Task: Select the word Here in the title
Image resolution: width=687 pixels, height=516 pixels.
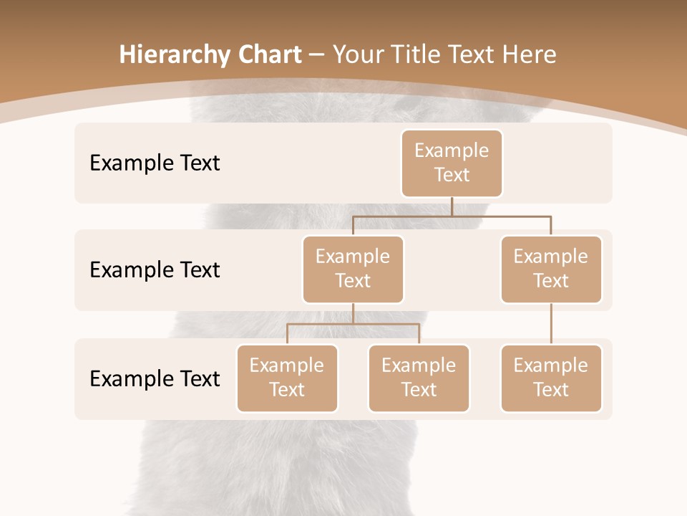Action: (x=530, y=54)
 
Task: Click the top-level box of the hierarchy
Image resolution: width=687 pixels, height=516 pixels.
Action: (x=452, y=163)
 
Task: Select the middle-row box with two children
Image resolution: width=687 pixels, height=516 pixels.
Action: (x=353, y=269)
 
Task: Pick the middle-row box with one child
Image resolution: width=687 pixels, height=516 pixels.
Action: (x=550, y=269)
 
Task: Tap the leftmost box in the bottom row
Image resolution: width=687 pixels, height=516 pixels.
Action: (x=287, y=378)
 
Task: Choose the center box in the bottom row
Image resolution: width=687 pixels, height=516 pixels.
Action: (x=419, y=378)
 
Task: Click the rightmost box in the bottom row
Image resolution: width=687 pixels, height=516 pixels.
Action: (x=550, y=378)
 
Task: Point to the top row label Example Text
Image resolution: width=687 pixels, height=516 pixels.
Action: (x=155, y=163)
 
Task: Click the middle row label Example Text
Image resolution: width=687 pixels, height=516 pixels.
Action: (x=155, y=269)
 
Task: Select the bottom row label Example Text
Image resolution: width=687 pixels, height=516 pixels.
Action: (x=155, y=378)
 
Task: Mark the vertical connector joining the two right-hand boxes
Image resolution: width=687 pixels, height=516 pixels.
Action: (x=551, y=324)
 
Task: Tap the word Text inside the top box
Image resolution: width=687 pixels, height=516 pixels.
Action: (x=452, y=175)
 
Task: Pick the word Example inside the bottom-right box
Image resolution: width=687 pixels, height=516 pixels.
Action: (x=550, y=365)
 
